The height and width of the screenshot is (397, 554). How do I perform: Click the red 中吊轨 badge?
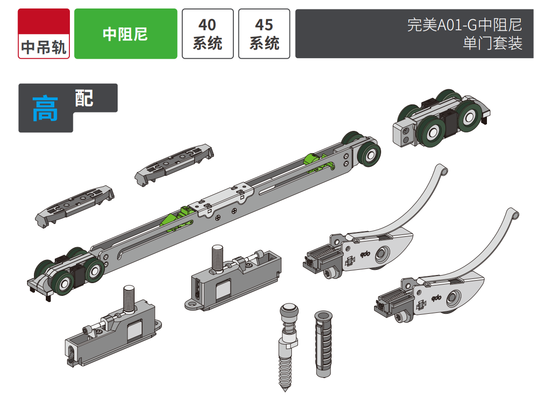pos(44,34)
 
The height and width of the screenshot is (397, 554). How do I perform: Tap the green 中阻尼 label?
pos(126,34)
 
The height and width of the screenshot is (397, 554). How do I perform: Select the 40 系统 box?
pos(208,34)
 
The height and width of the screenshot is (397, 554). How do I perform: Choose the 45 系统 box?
pos(264,34)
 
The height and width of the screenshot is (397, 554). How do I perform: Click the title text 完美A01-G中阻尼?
pos(464,25)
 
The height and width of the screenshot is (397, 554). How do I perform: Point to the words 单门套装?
pos(493,43)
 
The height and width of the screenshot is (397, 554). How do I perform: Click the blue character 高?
pos(45,109)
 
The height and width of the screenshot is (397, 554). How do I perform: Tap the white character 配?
pos(84,98)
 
